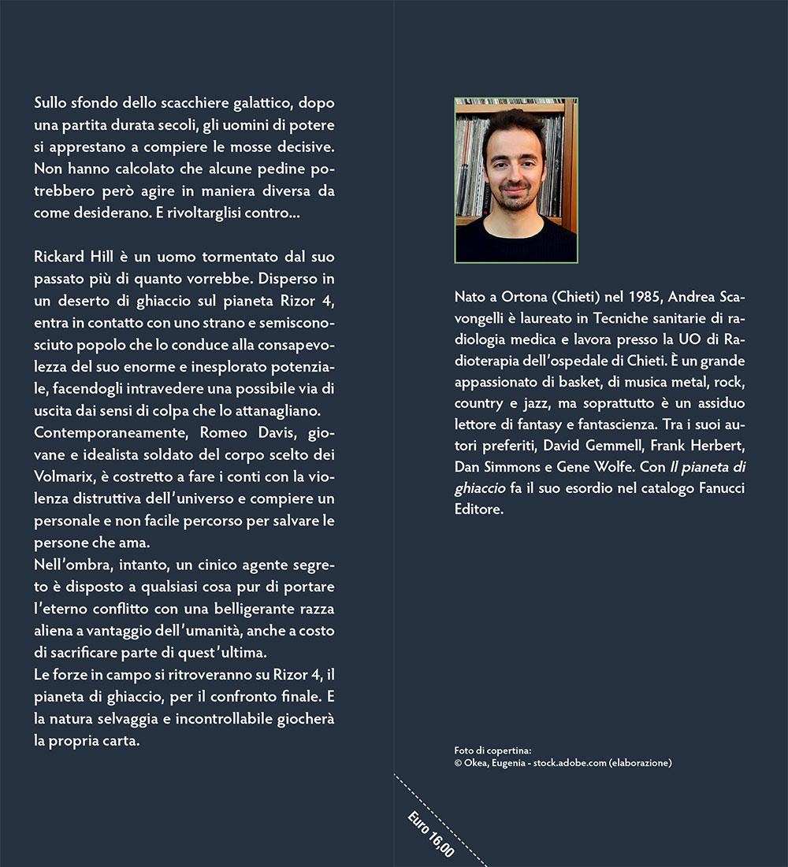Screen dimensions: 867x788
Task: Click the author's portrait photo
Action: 516,180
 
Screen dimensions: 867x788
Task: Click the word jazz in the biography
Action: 543,403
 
